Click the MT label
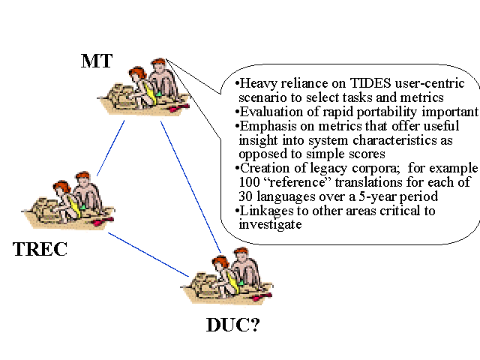pyautogui.click(x=97, y=60)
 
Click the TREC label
pyautogui.click(x=40, y=248)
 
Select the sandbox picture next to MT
pyautogui.click(x=143, y=88)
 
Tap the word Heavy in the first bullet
pyautogui.click(x=258, y=84)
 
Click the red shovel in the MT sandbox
pyautogui.click(x=178, y=109)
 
